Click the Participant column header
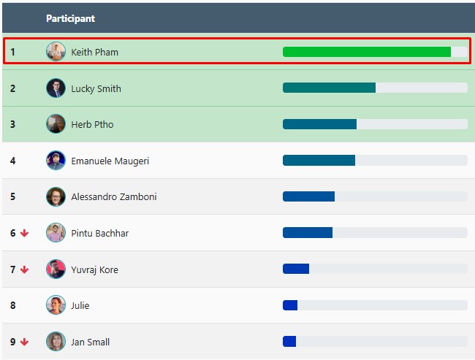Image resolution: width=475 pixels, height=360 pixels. click(x=70, y=18)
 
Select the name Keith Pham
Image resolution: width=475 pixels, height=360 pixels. click(x=94, y=53)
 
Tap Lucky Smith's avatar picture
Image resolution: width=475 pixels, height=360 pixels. click(x=56, y=88)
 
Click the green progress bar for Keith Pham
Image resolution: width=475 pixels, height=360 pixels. click(x=366, y=52)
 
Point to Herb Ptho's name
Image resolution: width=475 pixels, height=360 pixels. click(x=92, y=125)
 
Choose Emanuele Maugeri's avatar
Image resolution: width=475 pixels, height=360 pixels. click(x=56, y=161)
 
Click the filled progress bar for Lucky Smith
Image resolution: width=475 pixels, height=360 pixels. click(x=329, y=88)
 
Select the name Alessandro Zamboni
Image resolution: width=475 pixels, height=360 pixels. click(x=113, y=197)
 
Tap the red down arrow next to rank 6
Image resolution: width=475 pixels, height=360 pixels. click(x=25, y=234)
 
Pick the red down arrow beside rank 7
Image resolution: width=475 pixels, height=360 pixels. click(x=25, y=269)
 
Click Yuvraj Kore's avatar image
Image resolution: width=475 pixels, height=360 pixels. click(x=56, y=269)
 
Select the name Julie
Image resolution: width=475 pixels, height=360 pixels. click(x=80, y=306)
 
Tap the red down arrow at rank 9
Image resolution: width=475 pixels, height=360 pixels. click(x=25, y=342)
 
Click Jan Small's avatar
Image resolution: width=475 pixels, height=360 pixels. click(x=56, y=342)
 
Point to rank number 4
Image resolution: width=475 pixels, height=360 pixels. click(x=12, y=161)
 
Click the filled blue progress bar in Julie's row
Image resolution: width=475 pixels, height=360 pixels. click(x=290, y=305)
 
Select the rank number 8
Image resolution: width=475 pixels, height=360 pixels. click(x=12, y=306)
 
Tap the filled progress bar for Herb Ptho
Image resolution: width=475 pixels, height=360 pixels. click(x=319, y=124)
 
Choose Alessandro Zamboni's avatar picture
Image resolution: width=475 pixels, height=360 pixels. click(x=56, y=197)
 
